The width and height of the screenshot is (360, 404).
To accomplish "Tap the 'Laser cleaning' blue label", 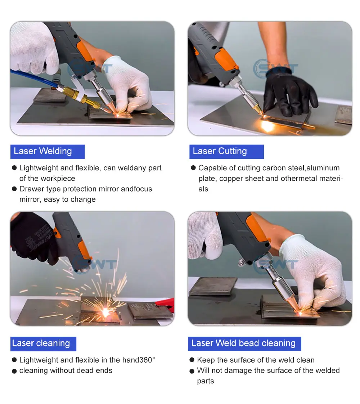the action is (x=43, y=344).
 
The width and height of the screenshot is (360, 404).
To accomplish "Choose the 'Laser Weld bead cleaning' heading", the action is (x=244, y=344).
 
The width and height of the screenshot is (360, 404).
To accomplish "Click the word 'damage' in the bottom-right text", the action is (x=236, y=371).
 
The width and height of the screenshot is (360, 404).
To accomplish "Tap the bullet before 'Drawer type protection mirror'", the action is (x=14, y=189).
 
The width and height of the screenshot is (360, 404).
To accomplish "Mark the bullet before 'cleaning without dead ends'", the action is (x=14, y=371).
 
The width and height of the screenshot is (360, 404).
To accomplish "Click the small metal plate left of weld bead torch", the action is (x=213, y=286).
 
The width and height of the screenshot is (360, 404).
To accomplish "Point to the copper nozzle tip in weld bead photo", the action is (x=296, y=306).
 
